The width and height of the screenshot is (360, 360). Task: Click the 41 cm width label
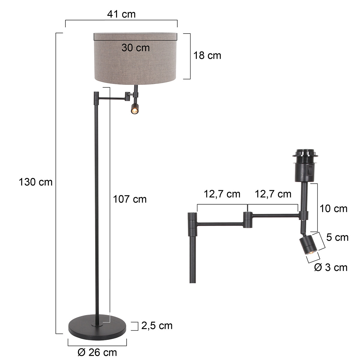[121, 14]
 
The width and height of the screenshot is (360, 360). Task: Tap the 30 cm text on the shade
[135, 47]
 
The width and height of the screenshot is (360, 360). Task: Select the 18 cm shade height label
[207, 55]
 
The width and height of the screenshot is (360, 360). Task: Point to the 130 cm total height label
[35, 182]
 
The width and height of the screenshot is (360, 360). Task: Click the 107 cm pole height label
[130, 199]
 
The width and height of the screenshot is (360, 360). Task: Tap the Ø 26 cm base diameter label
[97, 352]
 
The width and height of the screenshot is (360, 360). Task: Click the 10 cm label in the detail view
[333, 208]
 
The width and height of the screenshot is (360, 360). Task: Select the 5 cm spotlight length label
[337, 238]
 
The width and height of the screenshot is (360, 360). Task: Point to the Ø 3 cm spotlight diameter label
[331, 267]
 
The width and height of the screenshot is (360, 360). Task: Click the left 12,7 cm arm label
[222, 194]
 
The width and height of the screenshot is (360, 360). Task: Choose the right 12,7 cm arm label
[273, 194]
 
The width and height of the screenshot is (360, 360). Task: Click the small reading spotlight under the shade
[134, 109]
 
